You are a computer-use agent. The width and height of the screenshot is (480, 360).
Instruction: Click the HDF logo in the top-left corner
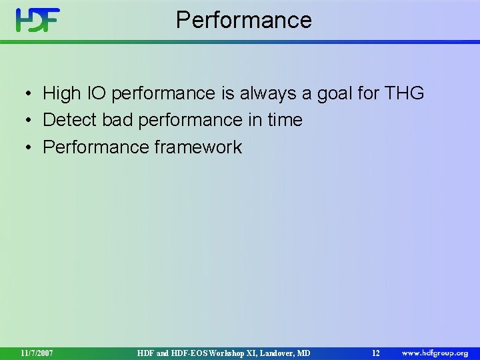coord(38,20)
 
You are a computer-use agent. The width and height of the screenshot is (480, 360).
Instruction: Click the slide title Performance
coord(243,20)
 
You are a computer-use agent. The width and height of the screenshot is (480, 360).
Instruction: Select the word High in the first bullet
coord(61,93)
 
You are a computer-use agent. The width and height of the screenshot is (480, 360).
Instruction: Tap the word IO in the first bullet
coord(96,93)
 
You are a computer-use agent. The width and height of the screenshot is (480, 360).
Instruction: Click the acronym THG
coord(405,93)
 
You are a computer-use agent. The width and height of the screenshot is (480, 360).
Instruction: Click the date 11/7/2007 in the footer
coord(37,353)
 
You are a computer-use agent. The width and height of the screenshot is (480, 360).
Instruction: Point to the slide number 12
coord(375,353)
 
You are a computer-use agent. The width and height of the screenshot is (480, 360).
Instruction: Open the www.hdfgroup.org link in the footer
coord(435,353)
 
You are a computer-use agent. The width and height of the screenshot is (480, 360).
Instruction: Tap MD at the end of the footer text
coord(303,353)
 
